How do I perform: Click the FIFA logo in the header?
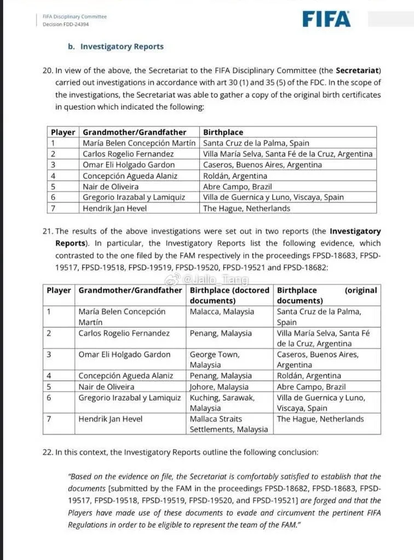(x=326, y=19)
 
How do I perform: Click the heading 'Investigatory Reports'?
(x=122, y=47)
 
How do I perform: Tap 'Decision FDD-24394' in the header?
(x=66, y=24)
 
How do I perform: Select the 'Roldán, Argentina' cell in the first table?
(x=235, y=176)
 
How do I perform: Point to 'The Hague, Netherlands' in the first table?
(x=246, y=208)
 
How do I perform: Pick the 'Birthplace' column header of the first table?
(x=223, y=132)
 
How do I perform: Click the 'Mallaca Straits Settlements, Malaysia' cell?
(x=229, y=424)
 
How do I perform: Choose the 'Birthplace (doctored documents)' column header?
(x=229, y=295)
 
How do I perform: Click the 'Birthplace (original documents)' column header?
(x=327, y=295)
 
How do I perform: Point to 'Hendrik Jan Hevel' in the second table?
(x=110, y=419)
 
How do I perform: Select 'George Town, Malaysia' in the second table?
(x=214, y=360)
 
